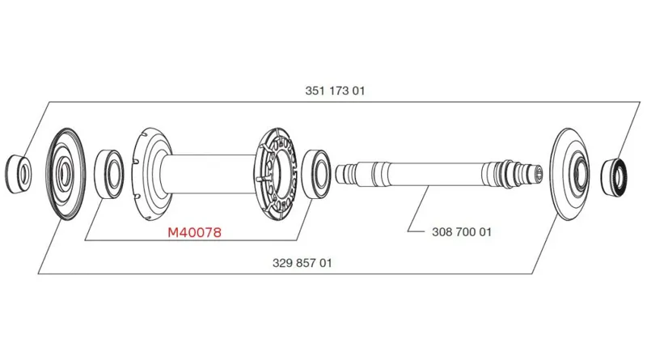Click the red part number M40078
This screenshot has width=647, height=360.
(194, 233)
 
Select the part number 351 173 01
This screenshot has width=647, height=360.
(336, 91)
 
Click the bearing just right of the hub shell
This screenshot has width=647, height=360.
(316, 172)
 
